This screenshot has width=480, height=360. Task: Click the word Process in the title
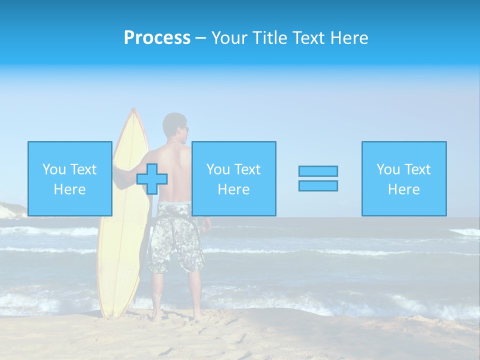(x=157, y=38)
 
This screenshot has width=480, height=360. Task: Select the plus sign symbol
(x=152, y=179)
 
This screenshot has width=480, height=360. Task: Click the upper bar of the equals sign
(x=318, y=171)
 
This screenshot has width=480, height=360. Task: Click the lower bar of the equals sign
(x=318, y=185)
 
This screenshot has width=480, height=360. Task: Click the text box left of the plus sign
(x=70, y=178)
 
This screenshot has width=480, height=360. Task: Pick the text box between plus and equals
(x=233, y=178)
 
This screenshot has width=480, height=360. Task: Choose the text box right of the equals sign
(x=404, y=178)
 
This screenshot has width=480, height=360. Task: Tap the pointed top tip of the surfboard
(x=132, y=109)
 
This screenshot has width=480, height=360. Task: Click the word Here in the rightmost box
(x=404, y=189)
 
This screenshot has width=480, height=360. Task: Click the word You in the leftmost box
(x=54, y=169)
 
